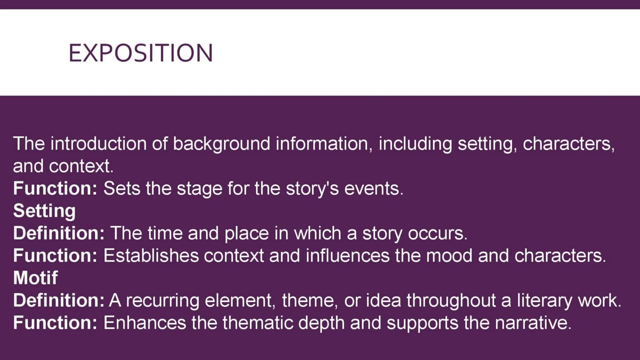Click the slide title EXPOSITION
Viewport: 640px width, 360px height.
140,53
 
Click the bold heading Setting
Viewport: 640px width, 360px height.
44,211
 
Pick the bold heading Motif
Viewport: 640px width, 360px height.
35,277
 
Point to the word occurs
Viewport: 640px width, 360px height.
437,233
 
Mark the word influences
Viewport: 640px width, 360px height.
347,255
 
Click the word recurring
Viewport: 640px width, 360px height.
162,300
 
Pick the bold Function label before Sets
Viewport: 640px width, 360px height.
55,188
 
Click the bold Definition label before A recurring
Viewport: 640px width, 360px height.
58,300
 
